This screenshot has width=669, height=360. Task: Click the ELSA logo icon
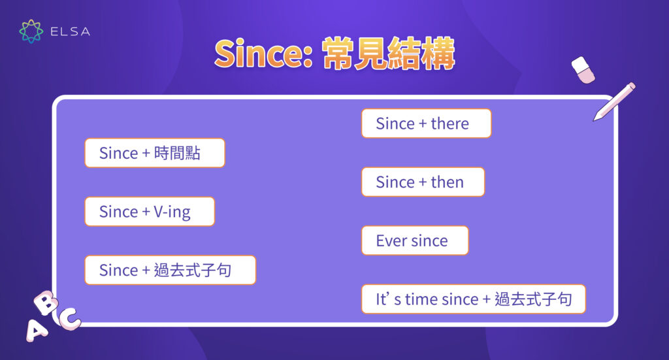(31, 31)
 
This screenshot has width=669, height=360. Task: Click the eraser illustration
(583, 69)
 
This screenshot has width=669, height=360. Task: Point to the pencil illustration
(614, 101)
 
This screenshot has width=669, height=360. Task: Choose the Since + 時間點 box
(154, 153)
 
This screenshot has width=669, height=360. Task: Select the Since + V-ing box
(150, 212)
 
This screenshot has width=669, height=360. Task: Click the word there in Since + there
(449, 123)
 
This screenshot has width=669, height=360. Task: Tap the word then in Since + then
(447, 182)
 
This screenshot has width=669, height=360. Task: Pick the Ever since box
(415, 240)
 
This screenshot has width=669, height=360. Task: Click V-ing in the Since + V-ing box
(174, 212)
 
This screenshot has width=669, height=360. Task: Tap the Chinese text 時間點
(177, 153)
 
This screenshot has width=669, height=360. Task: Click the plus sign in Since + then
(422, 182)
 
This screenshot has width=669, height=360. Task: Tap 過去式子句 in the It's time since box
(533, 299)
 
